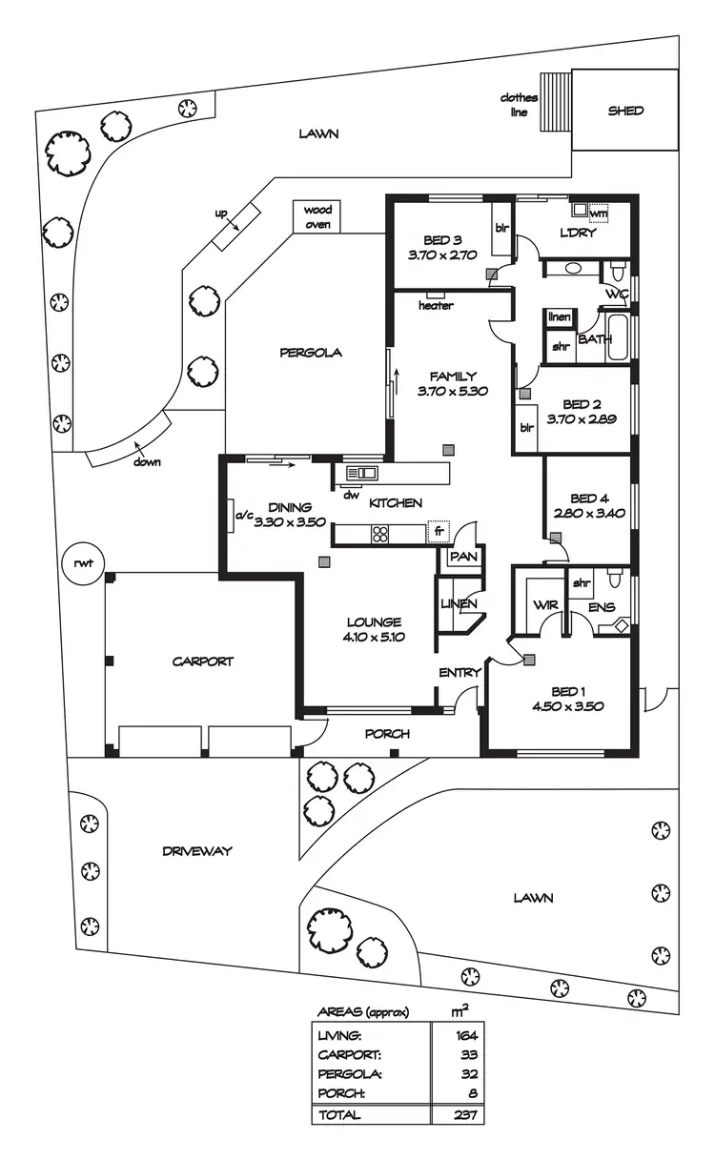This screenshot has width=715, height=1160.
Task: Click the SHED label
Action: [x=625, y=111]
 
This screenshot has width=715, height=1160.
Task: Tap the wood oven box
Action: [x=316, y=217]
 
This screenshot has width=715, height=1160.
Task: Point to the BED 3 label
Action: [x=442, y=241]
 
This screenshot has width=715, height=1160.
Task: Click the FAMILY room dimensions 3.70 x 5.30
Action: [x=453, y=391]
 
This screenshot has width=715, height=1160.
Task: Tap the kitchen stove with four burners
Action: [x=379, y=534]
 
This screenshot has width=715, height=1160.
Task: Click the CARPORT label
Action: [x=202, y=661]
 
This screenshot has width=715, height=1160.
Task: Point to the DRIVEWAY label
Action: [x=196, y=851]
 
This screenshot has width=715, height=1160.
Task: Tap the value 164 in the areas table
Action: [x=466, y=1034]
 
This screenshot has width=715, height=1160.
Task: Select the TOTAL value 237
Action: [x=466, y=1114]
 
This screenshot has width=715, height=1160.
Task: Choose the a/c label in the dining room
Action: [x=243, y=516]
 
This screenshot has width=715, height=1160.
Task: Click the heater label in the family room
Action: [x=436, y=306]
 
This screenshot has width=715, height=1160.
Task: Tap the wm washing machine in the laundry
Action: [x=598, y=214]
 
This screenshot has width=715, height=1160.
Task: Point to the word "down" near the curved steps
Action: [x=147, y=462]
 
